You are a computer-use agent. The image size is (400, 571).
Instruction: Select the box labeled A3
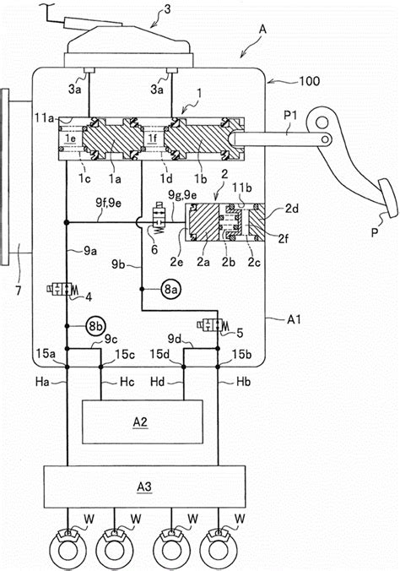pyautogui.click(x=142, y=487)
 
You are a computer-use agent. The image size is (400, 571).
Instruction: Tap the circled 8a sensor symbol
pyautogui.click(x=172, y=290)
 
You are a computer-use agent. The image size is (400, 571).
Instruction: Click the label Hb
pyautogui.click(x=244, y=383)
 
